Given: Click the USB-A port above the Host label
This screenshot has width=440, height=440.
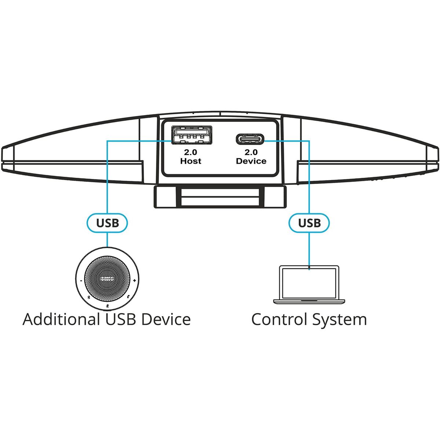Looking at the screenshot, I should click(x=191, y=135).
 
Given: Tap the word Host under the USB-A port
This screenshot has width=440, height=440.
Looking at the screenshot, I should click(x=191, y=161).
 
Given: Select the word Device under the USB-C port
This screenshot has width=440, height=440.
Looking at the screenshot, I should click(x=251, y=161).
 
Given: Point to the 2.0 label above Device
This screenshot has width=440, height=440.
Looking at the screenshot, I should click(x=251, y=152).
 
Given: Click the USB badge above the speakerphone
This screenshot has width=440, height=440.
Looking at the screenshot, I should click(x=107, y=223).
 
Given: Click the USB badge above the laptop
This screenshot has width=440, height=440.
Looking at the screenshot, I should click(x=309, y=223).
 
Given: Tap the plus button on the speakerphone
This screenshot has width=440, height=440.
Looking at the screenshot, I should click(x=135, y=280).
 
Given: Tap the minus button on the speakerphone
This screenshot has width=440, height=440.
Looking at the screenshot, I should click(x=81, y=280).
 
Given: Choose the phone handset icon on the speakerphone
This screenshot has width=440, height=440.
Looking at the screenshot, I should click(x=127, y=298).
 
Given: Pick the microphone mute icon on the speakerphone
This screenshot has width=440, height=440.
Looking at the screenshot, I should click(x=107, y=306).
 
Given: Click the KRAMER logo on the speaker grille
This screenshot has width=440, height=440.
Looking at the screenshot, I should click(x=107, y=279).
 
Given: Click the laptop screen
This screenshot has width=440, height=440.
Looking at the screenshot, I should click(x=309, y=283).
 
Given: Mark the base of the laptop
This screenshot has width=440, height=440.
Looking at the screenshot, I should click(x=309, y=301).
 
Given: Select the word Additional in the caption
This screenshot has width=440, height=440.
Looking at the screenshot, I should click(x=61, y=319).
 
